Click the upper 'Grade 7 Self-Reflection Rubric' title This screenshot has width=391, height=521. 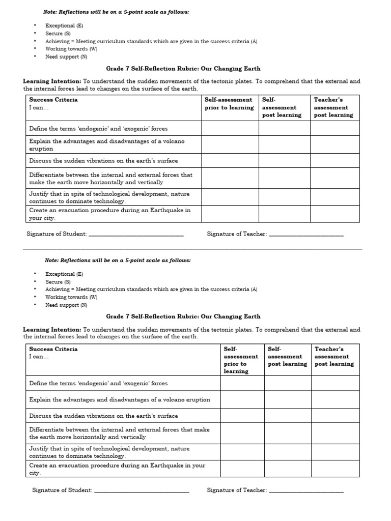[x=183, y=68]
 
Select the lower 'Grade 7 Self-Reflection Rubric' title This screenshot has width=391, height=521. [x=183, y=316]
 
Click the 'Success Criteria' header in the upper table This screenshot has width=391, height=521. [x=53, y=100]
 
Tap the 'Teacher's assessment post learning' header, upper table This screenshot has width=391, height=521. [x=333, y=107]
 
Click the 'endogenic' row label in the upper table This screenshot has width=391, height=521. [x=98, y=129]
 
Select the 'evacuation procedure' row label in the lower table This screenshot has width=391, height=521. [x=117, y=469]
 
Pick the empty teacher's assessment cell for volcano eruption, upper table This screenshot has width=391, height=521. [x=335, y=144]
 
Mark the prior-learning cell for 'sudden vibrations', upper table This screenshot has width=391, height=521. [x=230, y=161]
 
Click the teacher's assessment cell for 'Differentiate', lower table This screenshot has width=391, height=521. [x=335, y=433]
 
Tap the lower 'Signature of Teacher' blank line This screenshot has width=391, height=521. [x=306, y=490]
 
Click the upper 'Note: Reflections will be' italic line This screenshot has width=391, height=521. [x=118, y=12]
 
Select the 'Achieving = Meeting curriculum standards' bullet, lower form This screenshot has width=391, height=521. [x=151, y=290]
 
